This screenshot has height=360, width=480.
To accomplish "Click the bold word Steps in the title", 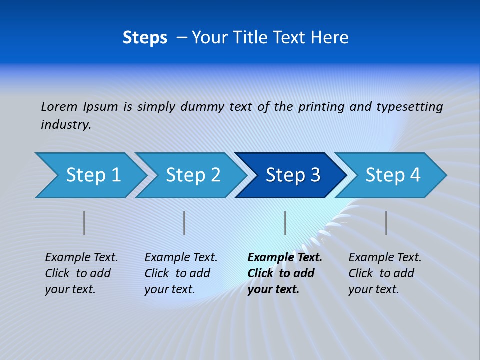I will (x=145, y=38).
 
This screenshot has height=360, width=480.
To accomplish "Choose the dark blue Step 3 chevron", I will (x=293, y=175).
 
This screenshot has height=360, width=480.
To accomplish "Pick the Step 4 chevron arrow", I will (x=393, y=175).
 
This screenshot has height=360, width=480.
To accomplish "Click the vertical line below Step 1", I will (x=84, y=223).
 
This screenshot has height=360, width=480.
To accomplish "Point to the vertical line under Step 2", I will (x=184, y=223).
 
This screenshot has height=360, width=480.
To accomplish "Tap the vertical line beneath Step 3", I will (x=285, y=223).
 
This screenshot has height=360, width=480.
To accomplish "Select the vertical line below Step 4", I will (x=386, y=223).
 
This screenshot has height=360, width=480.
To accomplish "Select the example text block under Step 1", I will (x=81, y=273).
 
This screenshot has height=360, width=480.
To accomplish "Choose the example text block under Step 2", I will (x=181, y=273).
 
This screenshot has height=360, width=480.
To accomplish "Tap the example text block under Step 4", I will (x=385, y=273).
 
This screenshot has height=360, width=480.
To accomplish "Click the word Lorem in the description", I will (x=59, y=106).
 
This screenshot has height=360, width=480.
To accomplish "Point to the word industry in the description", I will (x=65, y=125).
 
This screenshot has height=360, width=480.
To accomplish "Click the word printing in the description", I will (x=321, y=107).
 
